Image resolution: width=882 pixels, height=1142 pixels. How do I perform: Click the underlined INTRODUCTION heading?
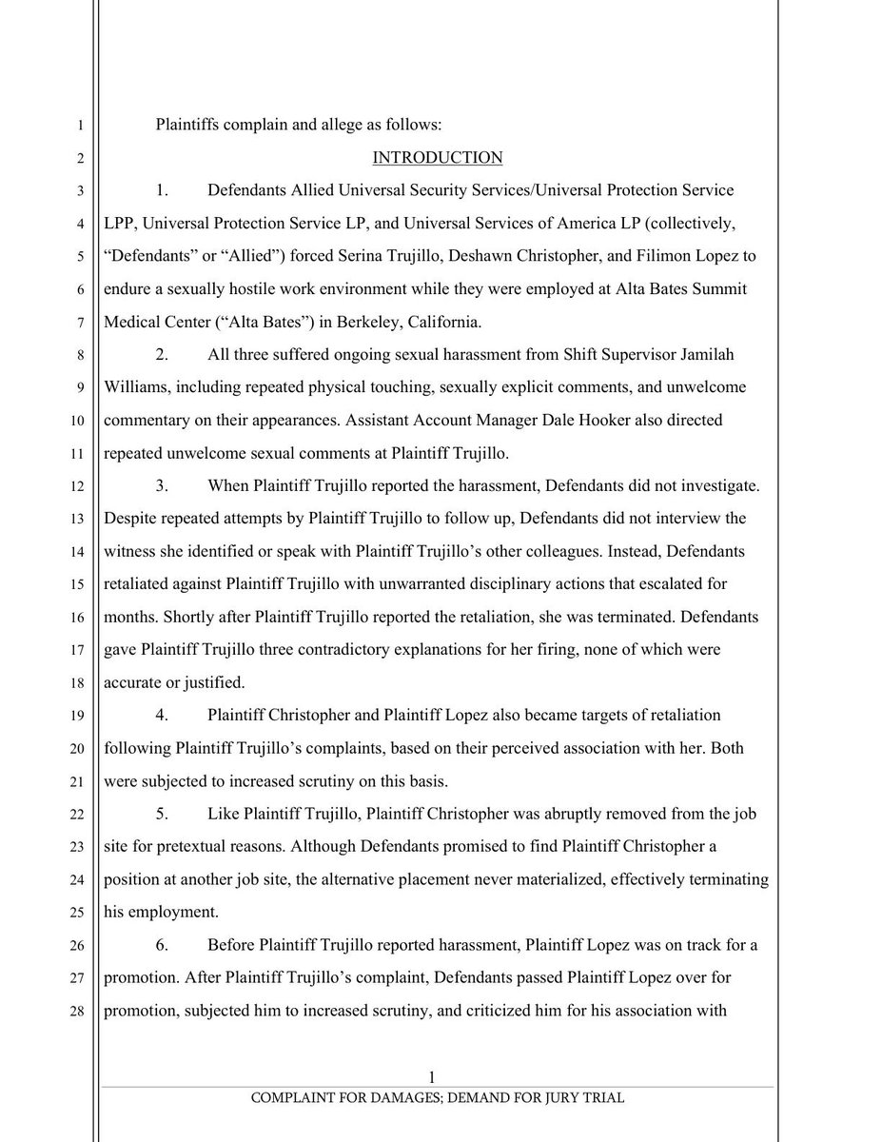point(437,157)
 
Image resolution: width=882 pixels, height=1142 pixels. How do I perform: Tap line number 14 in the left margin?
point(80,552)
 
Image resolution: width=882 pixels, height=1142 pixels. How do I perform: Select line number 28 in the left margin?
point(80,1011)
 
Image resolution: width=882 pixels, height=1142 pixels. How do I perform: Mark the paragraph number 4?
point(163,715)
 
